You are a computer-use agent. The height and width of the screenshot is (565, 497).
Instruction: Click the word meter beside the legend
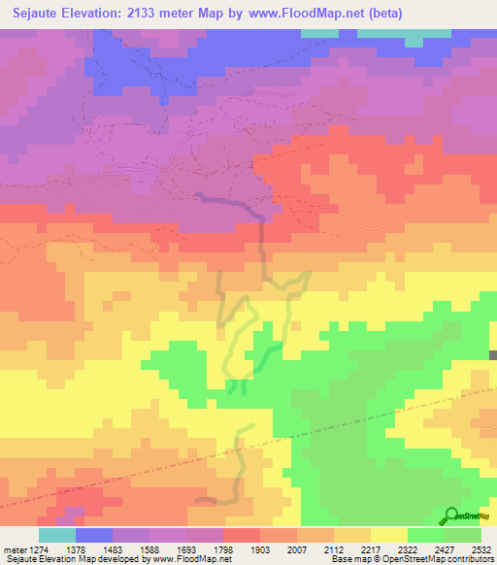pos(13,550)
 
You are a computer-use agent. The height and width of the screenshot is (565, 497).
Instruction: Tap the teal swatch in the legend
pos(57,535)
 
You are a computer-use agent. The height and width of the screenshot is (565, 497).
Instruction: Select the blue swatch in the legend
pos(94,535)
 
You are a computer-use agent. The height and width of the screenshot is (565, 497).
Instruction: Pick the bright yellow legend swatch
pos(389,535)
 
